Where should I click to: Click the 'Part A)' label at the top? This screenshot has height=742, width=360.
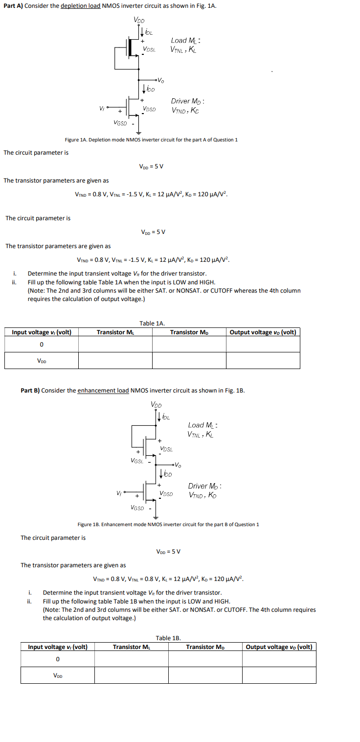pos(12,5)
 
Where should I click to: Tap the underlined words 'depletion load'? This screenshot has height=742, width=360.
pos(80,5)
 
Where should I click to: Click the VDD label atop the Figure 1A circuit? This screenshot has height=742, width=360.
pos(139,20)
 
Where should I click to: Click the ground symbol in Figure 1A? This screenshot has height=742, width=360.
pos(138,131)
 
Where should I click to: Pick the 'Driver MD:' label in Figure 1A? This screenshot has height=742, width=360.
pos(187,101)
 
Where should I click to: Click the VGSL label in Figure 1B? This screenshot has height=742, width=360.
pos(137,461)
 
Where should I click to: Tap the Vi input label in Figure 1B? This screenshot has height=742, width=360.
pos(119,493)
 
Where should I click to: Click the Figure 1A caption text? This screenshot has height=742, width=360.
pos(151,140)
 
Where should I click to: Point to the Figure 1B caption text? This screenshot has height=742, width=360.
pos(168,525)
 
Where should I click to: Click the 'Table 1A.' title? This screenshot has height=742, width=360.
pos(152,323)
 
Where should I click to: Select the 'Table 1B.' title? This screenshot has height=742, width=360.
pos(168,638)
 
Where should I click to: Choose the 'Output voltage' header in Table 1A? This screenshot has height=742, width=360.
pos(263,332)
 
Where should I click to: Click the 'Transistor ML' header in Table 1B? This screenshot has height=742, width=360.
pos(132,647)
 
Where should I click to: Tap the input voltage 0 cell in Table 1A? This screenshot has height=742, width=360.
pos(42,345)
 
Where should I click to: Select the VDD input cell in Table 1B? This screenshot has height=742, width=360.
pos(58,676)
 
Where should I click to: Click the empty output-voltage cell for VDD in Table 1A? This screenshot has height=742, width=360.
pos(263,361)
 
